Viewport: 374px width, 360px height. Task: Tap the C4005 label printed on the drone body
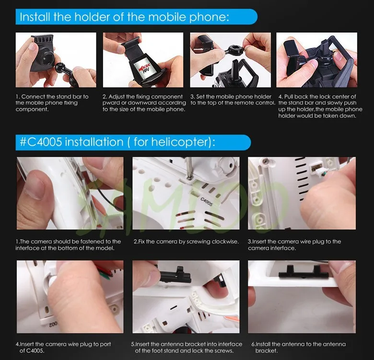207,202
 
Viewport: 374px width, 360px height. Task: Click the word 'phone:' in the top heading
209,17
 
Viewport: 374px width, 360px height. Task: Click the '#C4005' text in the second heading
41,142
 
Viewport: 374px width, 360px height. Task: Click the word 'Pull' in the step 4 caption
289,96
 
